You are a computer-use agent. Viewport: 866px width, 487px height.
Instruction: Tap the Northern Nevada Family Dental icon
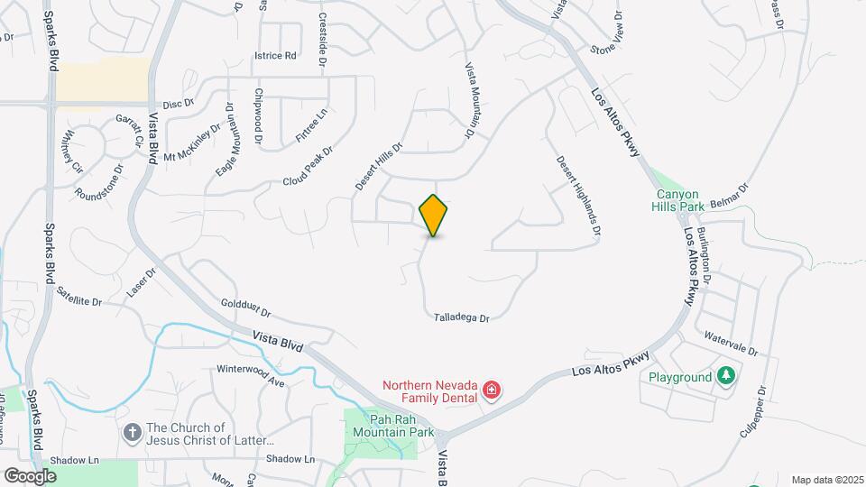492,390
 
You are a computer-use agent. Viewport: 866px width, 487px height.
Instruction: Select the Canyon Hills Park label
677,200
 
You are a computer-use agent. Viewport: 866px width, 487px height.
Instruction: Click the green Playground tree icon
726,376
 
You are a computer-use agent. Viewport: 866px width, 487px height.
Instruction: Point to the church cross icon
132,433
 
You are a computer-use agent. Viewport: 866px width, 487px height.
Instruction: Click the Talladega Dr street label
461,317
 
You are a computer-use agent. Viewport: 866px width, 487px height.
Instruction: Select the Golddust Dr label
246,310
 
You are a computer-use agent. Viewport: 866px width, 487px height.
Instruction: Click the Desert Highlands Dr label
578,197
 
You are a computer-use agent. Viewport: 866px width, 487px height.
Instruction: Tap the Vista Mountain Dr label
470,100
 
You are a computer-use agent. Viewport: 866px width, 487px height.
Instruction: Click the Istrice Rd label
276,56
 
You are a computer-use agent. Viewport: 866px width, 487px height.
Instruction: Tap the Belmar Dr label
730,194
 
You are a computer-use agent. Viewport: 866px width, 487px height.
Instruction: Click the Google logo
30,475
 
